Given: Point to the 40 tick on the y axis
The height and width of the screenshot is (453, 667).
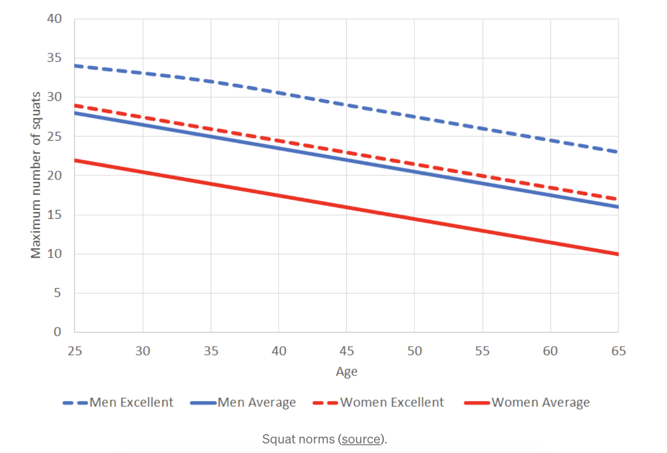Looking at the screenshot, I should tap(54, 19).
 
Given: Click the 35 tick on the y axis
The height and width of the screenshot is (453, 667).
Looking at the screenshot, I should tap(54, 58).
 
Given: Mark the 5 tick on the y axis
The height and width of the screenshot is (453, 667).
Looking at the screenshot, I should tap(57, 293).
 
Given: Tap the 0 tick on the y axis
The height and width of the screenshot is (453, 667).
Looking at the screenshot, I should tap(57, 332).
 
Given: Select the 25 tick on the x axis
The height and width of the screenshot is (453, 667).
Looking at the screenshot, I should tap(75, 351).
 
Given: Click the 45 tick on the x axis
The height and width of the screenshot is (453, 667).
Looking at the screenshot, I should tap(347, 351).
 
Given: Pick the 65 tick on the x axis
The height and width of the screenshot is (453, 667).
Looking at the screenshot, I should tap(619, 351).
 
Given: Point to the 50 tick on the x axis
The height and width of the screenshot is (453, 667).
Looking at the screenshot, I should tap(414, 351).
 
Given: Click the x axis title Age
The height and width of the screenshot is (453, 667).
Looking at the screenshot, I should tap(347, 372).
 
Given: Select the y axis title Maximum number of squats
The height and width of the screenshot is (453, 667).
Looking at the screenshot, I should tap(36, 175).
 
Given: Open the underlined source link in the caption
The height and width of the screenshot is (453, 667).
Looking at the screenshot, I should tap(361, 439).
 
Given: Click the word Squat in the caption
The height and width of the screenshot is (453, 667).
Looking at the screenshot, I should tap(275, 439).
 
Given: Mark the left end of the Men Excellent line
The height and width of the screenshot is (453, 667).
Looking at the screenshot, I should tap(76, 66).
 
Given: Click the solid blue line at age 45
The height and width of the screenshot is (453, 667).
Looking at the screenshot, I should tap(347, 160).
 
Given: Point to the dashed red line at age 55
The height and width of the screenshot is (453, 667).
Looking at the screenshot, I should tap(482, 176).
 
